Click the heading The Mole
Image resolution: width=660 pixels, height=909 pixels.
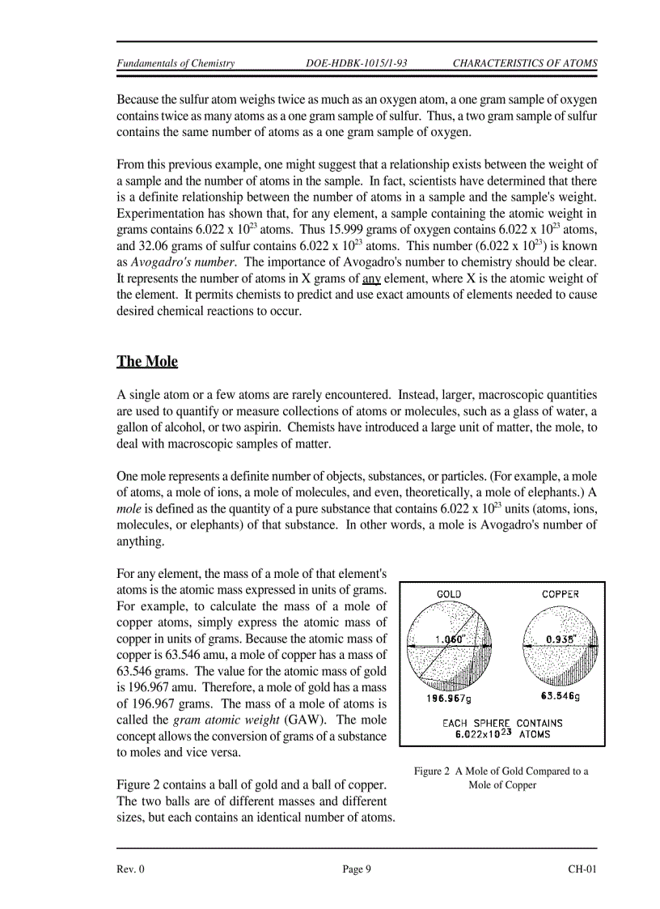pos(147,361)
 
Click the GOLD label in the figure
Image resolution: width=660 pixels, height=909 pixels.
pos(449,593)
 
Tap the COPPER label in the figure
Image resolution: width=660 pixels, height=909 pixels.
pos(560,593)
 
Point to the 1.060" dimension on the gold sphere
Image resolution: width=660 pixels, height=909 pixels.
pos(450,639)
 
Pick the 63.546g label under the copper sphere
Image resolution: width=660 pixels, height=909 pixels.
pos(560,695)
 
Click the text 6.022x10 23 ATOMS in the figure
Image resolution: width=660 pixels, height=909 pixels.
pos(501,734)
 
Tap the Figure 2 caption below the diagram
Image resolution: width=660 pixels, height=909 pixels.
pos(501,778)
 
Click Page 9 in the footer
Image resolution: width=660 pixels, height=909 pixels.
pos(357,869)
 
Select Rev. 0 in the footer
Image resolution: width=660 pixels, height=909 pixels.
pos(131,869)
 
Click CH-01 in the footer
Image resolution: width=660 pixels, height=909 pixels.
pos(582,869)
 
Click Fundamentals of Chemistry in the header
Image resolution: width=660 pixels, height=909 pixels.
pos(176,63)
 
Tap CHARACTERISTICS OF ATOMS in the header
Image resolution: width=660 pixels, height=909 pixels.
pos(524,63)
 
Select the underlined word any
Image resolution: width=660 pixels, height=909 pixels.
pos(371,278)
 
